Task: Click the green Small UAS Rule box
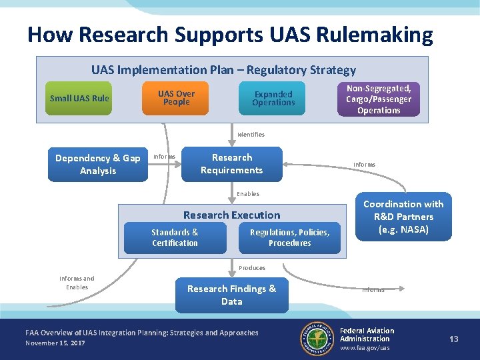[x=79, y=99]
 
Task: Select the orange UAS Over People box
[x=176, y=99]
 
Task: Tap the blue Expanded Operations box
[x=273, y=99]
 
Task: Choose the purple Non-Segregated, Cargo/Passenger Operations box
[x=378, y=99]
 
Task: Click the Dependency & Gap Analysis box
[x=97, y=165]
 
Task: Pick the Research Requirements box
[x=232, y=164]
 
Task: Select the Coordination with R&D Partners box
[x=403, y=217]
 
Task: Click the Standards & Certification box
[x=175, y=238]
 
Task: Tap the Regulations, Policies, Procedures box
[x=289, y=238]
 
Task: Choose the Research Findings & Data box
[x=231, y=295]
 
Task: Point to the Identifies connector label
[x=251, y=135]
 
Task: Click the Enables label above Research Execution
[x=248, y=194]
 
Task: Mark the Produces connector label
[x=252, y=268]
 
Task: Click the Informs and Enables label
[x=77, y=283]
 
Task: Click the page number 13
[x=454, y=339]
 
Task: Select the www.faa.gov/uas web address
[x=365, y=348]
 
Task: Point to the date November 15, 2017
[x=55, y=343]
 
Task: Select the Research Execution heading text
[x=231, y=215]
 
